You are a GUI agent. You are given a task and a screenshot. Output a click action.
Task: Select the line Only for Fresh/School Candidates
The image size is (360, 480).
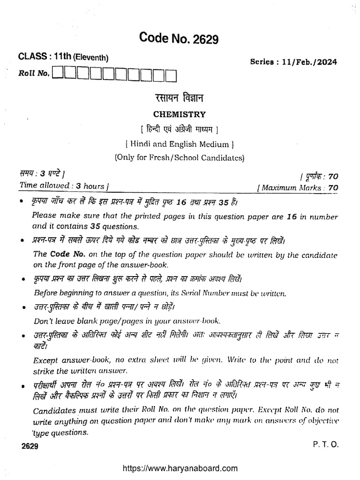tap(180, 158)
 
